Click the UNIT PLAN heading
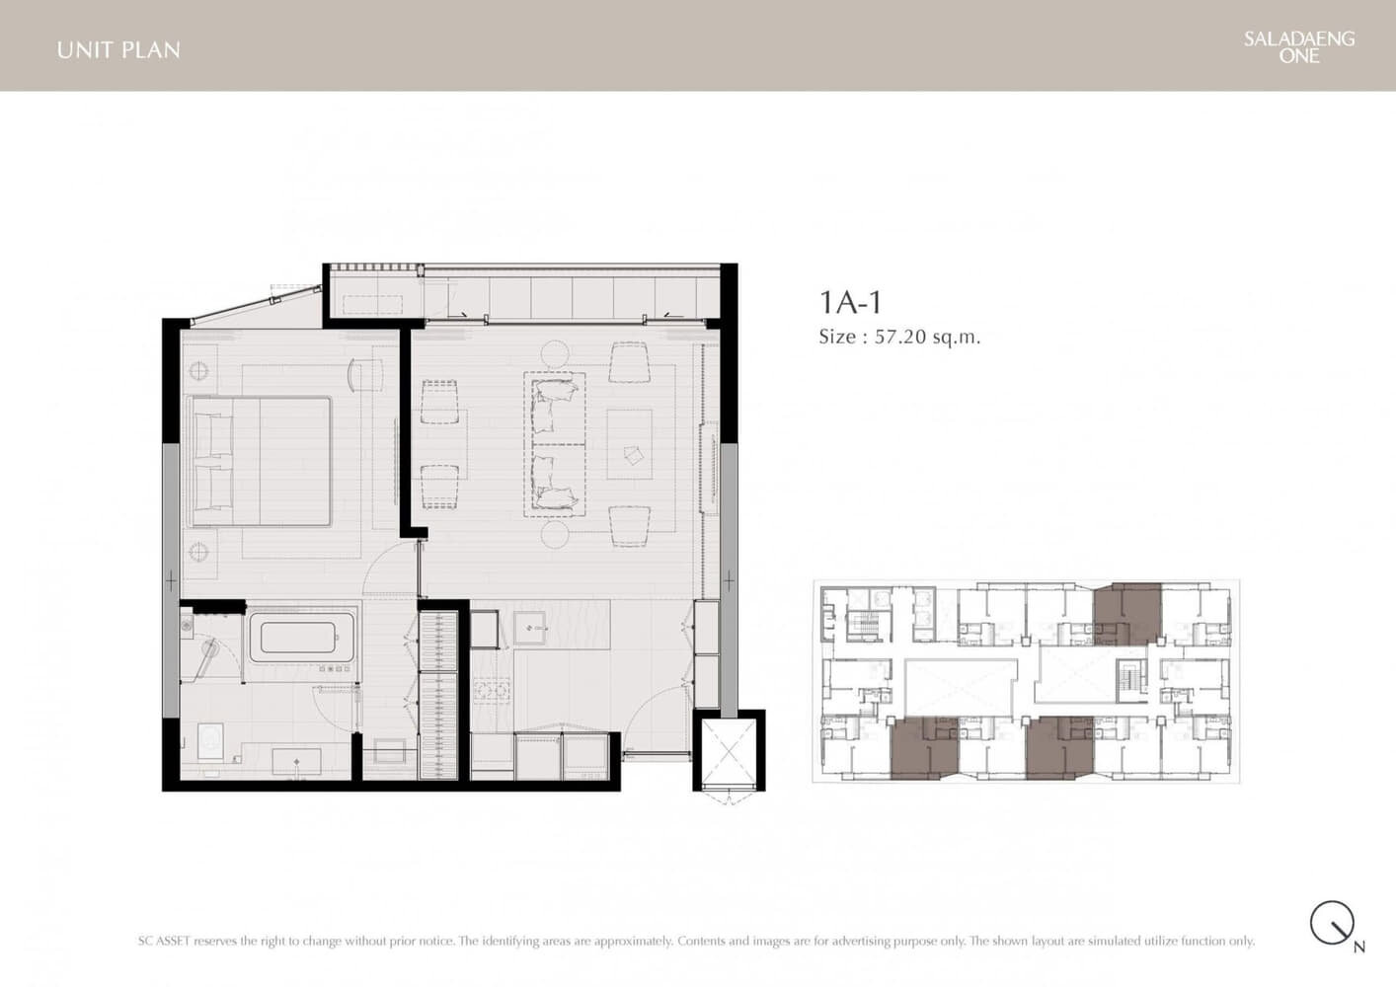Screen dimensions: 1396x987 [118, 50]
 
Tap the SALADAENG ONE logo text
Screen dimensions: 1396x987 [1299, 47]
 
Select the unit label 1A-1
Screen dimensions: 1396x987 [850, 303]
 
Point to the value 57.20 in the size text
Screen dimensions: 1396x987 [901, 338]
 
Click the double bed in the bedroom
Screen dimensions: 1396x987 [261, 462]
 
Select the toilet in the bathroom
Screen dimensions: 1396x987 [210, 741]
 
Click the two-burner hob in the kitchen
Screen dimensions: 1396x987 [493, 691]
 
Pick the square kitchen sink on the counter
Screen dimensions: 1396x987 [530, 628]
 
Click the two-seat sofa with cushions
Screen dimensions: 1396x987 [555, 444]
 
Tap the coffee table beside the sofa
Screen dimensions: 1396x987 [630, 444]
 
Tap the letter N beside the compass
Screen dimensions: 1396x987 [1359, 948]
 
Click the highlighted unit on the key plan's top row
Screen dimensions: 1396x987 [1127, 614]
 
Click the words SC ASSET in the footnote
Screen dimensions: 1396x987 [163, 941]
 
